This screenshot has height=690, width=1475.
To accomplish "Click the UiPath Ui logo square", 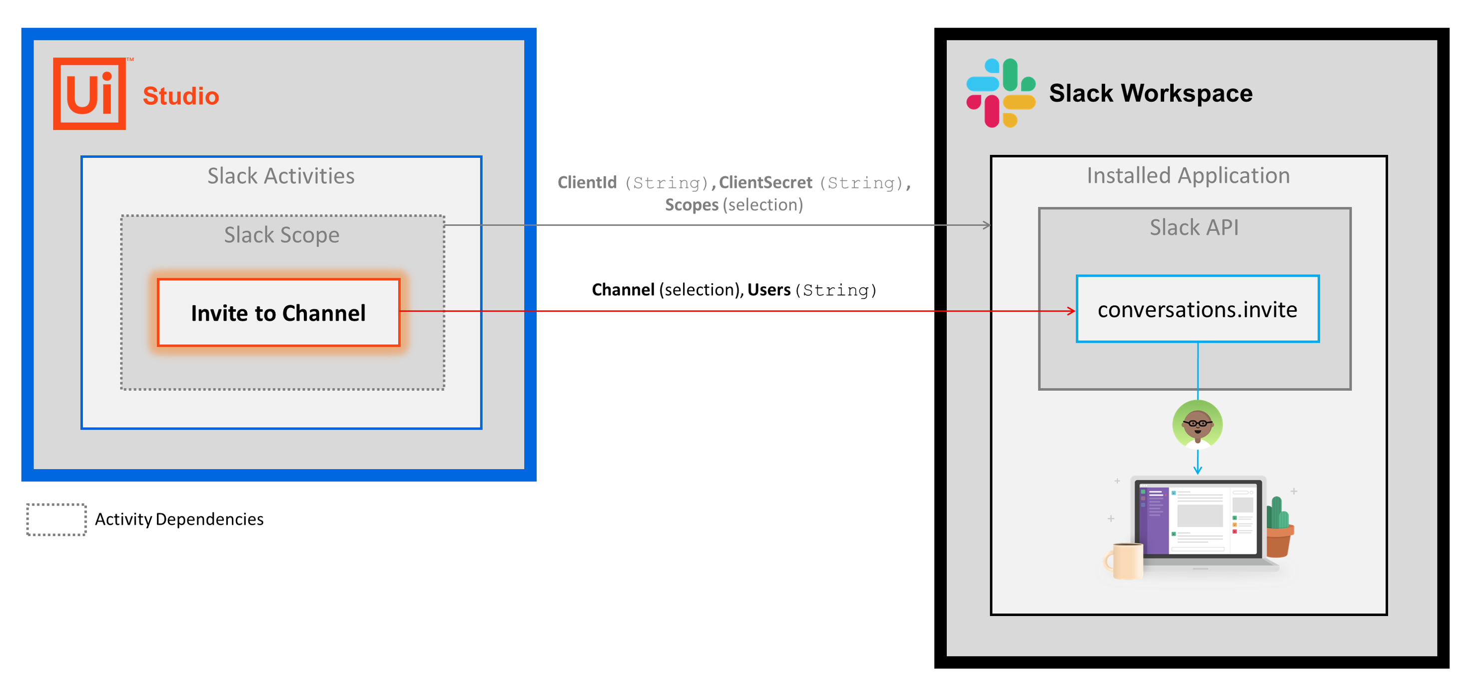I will tap(90, 93).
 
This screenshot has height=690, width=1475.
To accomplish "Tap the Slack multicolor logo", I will tap(1000, 93).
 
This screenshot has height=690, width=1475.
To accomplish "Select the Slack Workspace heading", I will tap(1150, 93).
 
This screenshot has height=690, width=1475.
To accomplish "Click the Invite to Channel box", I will tap(278, 313).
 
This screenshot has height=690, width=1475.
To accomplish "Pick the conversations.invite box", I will tap(1197, 309).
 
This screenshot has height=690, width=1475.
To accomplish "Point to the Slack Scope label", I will tap(282, 235).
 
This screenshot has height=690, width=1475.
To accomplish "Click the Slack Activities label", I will tap(281, 176).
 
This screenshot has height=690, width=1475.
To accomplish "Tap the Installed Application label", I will tap(1188, 175).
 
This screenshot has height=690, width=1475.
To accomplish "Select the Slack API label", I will tap(1194, 227).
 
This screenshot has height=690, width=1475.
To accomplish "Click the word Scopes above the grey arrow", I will tap(691, 205).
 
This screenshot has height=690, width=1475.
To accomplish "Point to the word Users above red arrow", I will tap(768, 290).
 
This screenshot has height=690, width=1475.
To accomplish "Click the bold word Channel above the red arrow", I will tap(623, 290).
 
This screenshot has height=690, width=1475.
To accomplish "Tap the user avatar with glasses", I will tap(1197, 424).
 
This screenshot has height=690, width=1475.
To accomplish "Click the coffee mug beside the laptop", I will tap(1125, 560).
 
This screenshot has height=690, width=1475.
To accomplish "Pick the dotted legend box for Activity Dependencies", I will tap(56, 519).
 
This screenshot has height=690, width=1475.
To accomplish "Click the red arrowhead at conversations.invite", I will tap(1071, 311).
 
